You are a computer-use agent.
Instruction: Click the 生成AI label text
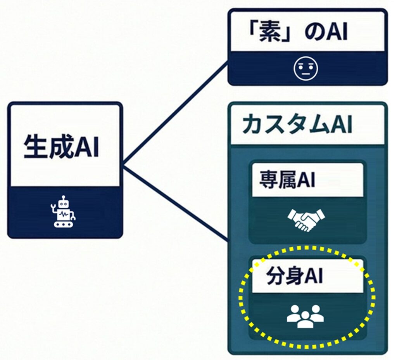(x=61, y=146)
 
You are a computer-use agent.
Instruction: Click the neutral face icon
(x=306, y=68)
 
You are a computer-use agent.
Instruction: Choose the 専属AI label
(x=287, y=180)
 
